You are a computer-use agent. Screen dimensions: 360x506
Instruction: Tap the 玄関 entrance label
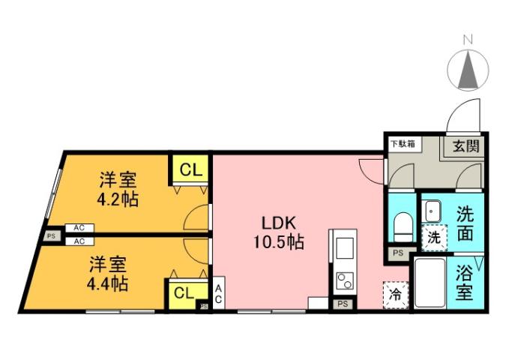pos(465,145)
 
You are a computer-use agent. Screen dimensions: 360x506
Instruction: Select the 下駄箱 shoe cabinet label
pos(402,142)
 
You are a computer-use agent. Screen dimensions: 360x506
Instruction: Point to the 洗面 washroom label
pos(466,222)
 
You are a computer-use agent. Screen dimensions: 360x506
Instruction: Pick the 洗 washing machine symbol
pos(433,238)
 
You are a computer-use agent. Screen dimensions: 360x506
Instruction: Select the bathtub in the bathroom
pos(430,283)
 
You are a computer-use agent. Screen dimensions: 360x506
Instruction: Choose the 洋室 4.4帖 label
pos(109,274)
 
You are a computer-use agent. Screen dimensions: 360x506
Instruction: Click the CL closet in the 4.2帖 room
pos(191,169)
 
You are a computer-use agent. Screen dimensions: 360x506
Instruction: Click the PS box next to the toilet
pos(397,253)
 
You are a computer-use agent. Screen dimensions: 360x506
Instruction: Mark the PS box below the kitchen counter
pos(343,304)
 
